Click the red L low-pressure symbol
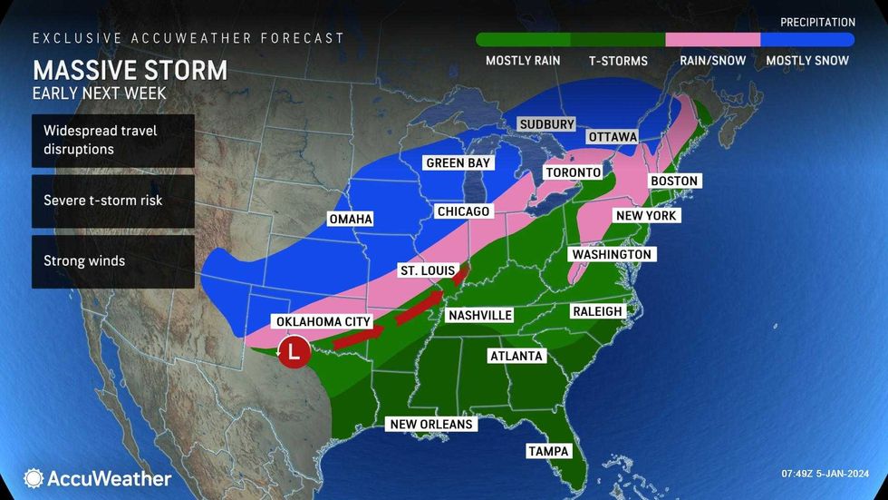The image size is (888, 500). (x=293, y=351)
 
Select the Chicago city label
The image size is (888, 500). (x=463, y=211)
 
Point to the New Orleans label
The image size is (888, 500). (x=431, y=424)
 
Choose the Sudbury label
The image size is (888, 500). (x=546, y=124)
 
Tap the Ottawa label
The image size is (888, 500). (x=613, y=137)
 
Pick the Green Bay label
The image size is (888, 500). (x=458, y=164)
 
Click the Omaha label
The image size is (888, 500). (x=351, y=219)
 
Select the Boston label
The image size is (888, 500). (x=674, y=181)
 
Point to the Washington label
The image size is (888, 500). (x=611, y=255)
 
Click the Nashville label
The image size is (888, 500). (x=478, y=315)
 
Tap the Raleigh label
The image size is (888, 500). (x=597, y=311)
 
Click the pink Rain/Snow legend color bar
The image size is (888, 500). (x=712, y=40)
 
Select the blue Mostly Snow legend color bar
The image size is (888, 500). (x=807, y=40)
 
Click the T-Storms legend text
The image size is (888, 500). (x=617, y=61)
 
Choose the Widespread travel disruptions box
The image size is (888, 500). (x=112, y=141)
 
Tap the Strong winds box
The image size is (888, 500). (x=112, y=261)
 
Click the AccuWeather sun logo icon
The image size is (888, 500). (x=34, y=478)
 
